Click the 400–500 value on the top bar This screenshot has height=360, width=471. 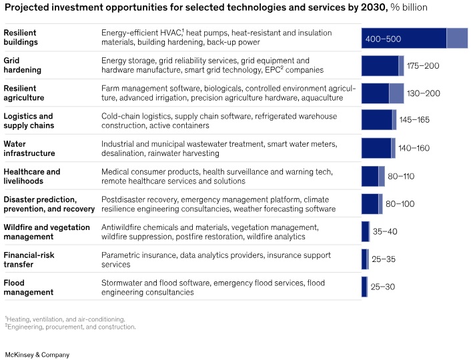point(383,39)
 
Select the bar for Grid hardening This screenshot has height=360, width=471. point(382,65)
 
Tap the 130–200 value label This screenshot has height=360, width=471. point(424,93)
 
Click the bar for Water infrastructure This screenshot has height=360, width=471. point(378,148)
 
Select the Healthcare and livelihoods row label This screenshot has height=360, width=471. point(31,176)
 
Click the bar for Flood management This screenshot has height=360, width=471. point(364,287)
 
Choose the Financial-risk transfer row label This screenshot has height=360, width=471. point(29,259)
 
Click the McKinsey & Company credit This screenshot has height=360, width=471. point(37,355)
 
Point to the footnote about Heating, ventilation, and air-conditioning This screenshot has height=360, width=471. point(65,319)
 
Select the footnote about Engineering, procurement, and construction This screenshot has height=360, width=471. point(70,327)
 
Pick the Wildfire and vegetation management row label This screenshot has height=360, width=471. point(46,231)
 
